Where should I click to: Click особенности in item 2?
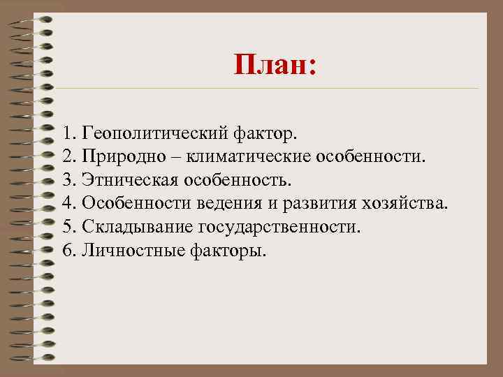tap(370, 156)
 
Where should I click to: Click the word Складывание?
tap(138, 227)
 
